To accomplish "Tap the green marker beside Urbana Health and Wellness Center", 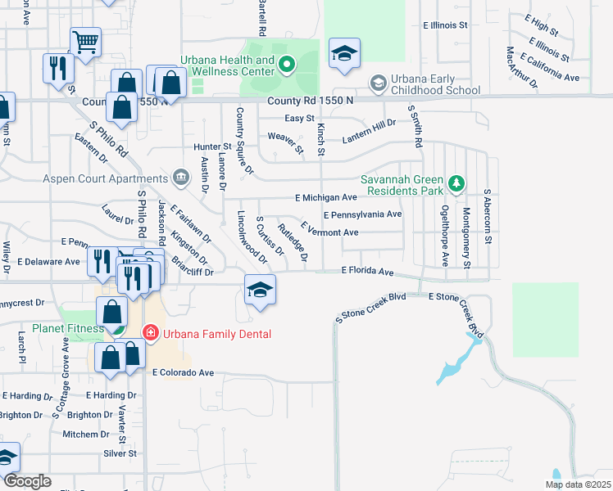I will (x=286, y=63).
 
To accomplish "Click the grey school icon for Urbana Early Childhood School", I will (x=378, y=83).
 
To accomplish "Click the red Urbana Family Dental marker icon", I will (x=150, y=332).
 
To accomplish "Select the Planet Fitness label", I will (x=68, y=328).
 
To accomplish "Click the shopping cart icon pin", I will (x=85, y=42).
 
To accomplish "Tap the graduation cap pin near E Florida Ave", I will (x=260, y=291).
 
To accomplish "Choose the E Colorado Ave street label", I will (x=183, y=372).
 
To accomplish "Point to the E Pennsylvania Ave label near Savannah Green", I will (x=362, y=214).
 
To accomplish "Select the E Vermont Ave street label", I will (x=329, y=232).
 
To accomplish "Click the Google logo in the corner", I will (x=28, y=481).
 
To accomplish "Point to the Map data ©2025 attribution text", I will (x=577, y=484).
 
